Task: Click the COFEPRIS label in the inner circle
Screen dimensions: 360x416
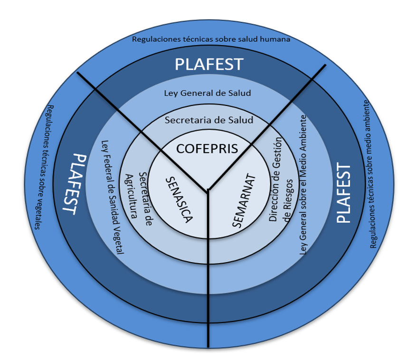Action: click(207, 148)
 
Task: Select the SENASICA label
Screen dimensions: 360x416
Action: click(180, 199)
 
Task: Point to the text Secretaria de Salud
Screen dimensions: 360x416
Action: click(209, 120)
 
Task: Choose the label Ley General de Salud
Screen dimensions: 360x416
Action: click(208, 93)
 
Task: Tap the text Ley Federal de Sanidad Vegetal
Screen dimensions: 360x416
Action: click(113, 197)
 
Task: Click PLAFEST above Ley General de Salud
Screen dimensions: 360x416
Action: click(209, 64)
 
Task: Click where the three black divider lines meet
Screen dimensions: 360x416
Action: click(208, 190)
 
